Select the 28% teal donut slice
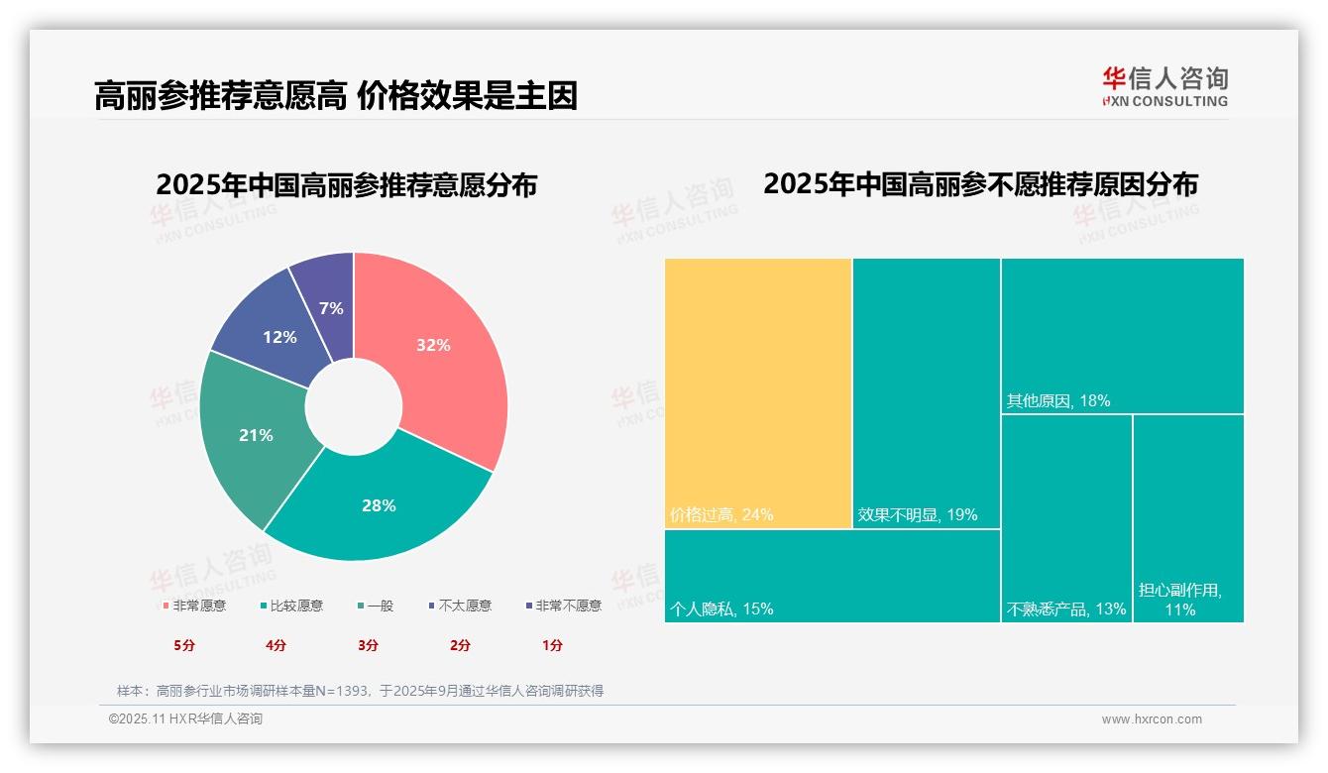379,505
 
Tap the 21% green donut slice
256,435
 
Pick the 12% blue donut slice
279,337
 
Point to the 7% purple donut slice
332,308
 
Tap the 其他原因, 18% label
1058,401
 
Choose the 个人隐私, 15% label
721,608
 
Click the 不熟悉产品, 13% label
1066,608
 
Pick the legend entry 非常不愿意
568,606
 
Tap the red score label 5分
184,645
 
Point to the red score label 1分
552,645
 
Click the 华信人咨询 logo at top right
1164,86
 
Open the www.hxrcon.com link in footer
1152,719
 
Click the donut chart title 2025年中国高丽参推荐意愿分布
346,185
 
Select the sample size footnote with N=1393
360,691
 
